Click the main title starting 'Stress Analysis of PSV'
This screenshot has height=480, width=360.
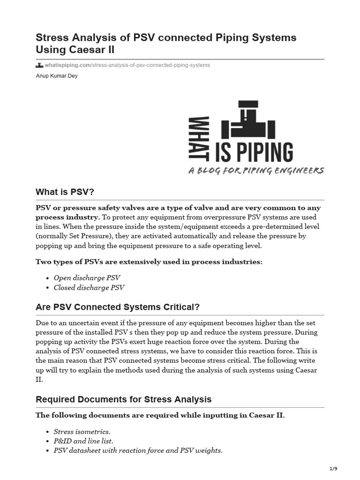(166, 43)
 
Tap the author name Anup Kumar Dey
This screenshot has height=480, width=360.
(57, 76)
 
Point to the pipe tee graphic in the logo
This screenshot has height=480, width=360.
(248, 120)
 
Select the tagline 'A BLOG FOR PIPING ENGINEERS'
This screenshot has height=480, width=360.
(256, 171)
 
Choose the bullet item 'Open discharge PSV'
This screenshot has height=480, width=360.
(87, 278)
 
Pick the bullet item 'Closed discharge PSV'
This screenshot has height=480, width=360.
(89, 288)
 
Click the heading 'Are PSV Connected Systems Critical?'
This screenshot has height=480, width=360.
(118, 307)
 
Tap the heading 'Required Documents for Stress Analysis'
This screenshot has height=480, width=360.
(123, 399)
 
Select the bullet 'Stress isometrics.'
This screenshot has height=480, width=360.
(82, 432)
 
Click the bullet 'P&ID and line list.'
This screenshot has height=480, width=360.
(83, 441)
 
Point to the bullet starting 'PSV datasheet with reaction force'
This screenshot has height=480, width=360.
(138, 451)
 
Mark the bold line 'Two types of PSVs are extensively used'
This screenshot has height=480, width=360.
(149, 262)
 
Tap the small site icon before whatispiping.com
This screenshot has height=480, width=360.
(39, 65)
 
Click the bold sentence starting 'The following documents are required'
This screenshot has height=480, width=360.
(160, 416)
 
